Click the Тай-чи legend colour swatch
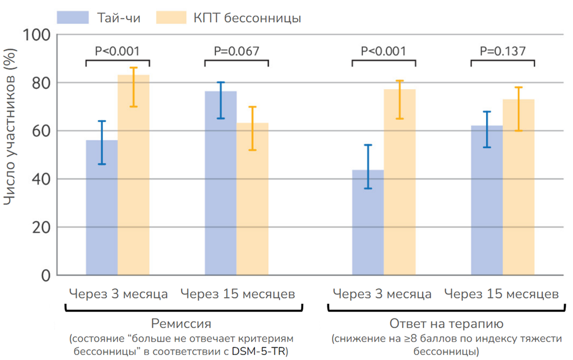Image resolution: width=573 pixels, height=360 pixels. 73,17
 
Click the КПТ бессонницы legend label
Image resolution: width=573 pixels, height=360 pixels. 247,18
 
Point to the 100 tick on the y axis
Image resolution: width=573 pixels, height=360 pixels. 38,35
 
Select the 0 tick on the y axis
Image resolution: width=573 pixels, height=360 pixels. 45,275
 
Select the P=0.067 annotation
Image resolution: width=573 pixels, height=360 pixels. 236,51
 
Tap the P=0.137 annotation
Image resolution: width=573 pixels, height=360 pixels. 503,51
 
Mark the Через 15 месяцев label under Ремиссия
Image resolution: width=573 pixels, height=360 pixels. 238,294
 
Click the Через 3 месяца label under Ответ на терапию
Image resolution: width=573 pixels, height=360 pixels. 382,294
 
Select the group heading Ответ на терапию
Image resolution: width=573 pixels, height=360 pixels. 446,323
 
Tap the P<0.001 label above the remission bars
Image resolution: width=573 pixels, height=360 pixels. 117,51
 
